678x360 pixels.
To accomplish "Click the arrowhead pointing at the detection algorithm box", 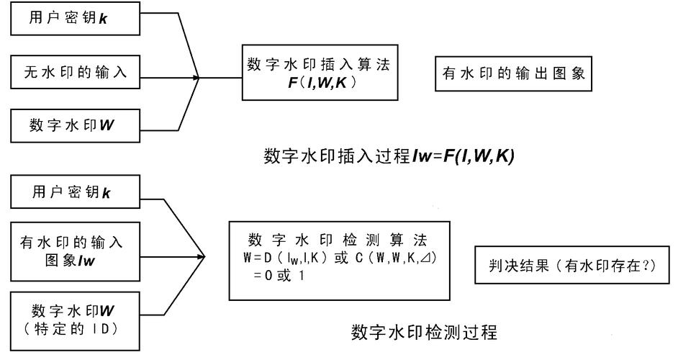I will [202, 255].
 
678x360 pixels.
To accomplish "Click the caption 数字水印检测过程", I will [422, 333].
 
